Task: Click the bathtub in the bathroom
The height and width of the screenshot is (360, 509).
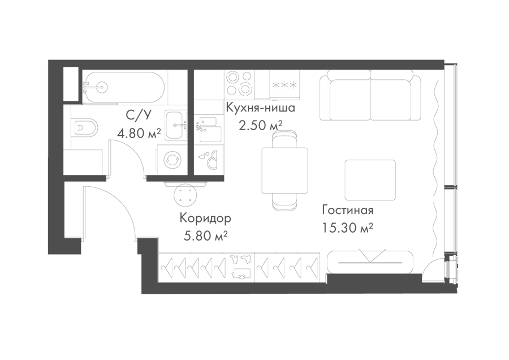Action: (x=124, y=87)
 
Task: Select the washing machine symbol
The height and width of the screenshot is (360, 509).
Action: (x=172, y=160)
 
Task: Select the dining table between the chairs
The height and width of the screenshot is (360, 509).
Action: (x=284, y=170)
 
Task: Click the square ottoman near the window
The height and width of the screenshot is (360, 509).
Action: (x=370, y=180)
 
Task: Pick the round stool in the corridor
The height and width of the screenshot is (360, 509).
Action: (x=186, y=195)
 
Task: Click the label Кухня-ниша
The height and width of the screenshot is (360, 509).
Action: (x=260, y=108)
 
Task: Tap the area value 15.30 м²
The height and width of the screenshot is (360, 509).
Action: (x=347, y=228)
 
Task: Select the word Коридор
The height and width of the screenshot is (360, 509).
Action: (x=205, y=218)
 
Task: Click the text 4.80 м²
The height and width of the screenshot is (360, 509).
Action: (x=139, y=133)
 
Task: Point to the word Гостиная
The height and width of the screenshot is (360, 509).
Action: (x=348, y=210)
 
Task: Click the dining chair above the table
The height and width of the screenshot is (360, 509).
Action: (x=284, y=139)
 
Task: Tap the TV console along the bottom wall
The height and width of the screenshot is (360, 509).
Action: (x=370, y=262)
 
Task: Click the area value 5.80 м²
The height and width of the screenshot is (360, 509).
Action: (x=205, y=236)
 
